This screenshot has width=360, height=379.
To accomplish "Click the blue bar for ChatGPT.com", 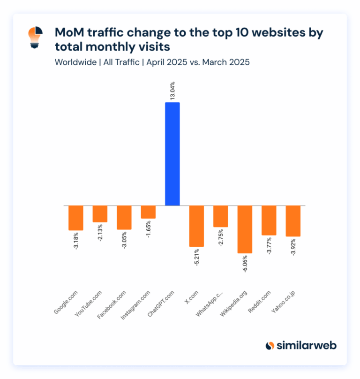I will pos(172,154).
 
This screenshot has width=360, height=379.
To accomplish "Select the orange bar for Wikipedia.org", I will pos(245,229).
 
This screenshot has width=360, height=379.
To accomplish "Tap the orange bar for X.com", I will pos(196,226).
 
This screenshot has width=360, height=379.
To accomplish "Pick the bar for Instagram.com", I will pos(148,212).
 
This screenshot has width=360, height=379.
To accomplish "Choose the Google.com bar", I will pos(76,218).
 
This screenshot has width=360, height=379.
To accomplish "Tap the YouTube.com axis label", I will pos(89,304).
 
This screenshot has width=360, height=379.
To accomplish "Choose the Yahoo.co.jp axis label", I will pos(283,303).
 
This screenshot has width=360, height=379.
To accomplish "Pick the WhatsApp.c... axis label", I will pos(210,305).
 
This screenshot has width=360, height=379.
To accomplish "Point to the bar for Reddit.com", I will pos(269,220).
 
